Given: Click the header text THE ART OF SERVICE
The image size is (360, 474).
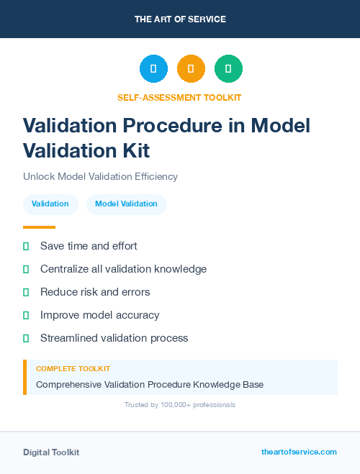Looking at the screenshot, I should [x=180, y=19].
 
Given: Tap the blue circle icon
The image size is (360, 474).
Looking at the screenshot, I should [x=153, y=69].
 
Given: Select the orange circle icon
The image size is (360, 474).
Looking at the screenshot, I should [x=191, y=69].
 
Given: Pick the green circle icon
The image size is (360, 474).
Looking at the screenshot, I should [x=228, y=69].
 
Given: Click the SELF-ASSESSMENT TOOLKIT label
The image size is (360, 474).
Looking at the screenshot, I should [x=179, y=97].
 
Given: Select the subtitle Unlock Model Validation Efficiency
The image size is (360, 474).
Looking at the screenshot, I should [x=100, y=176].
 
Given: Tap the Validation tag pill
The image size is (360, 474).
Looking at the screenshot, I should [x=50, y=204].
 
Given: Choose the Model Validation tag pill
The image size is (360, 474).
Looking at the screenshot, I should [x=126, y=204].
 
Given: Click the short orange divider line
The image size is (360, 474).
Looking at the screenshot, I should [x=39, y=227].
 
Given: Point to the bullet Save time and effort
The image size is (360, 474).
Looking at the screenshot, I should [x=89, y=246].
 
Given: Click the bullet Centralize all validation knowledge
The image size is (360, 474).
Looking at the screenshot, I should [x=123, y=269].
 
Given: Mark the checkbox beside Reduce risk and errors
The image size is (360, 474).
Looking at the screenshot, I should [x=26, y=292].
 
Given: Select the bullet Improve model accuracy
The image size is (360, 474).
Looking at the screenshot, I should [x=99, y=315].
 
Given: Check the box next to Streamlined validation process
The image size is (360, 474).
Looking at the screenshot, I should [x=26, y=338].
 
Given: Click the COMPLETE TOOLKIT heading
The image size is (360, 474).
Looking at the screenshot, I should [x=73, y=368].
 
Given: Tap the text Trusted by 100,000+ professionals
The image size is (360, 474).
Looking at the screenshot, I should [x=179, y=405].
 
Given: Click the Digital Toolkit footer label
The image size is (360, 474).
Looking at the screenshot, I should [x=51, y=452].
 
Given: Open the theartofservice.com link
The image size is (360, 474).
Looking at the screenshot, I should [x=299, y=452].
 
